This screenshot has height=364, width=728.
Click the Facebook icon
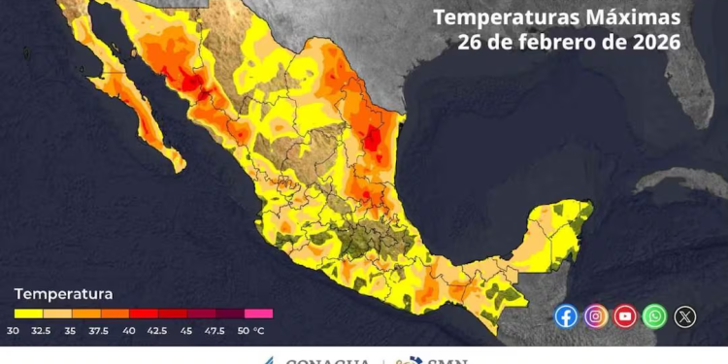[x=566, y=316]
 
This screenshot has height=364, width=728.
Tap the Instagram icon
[x=596, y=316]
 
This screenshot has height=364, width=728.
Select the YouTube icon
[x=625, y=316]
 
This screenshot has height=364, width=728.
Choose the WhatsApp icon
[x=655, y=316]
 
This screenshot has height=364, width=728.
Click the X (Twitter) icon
[x=685, y=316]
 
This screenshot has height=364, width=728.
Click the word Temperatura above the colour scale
[x=63, y=293]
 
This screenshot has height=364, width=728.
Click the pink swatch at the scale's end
[x=258, y=314]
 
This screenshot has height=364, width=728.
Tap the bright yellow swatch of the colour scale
[x=27, y=314]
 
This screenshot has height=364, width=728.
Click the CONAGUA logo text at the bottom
[x=326, y=359]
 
